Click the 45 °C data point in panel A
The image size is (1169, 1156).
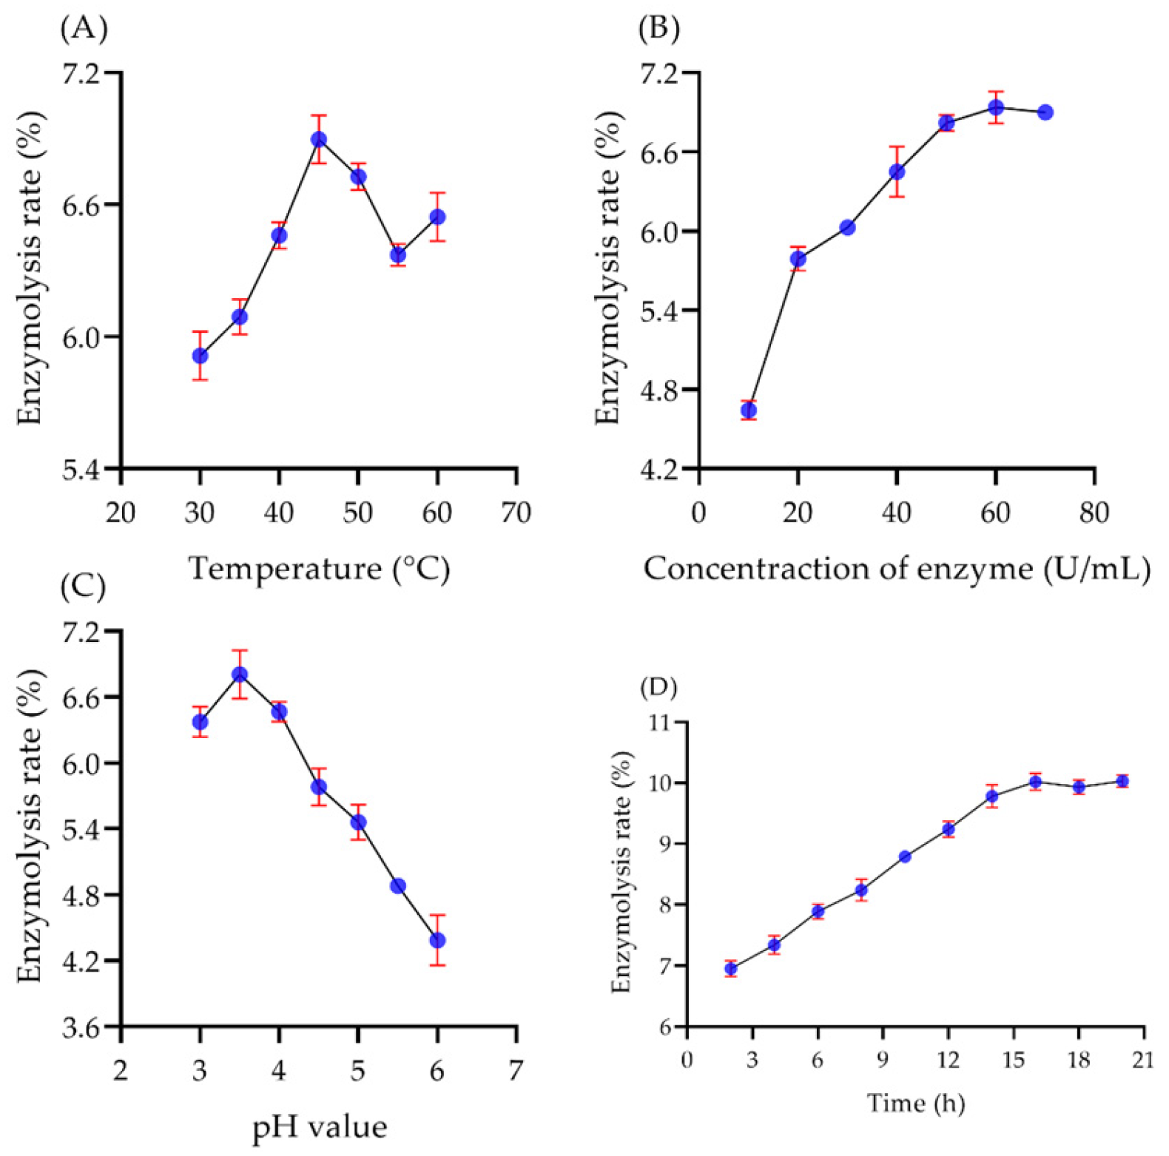point(319,140)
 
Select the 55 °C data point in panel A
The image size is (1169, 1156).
point(398,255)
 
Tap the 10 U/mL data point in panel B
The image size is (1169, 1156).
point(748,410)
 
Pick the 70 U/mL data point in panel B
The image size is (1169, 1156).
point(1045,112)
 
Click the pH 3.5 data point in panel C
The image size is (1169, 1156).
point(240,675)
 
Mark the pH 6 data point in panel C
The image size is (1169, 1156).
point(437,941)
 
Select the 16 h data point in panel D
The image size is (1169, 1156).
point(1035,782)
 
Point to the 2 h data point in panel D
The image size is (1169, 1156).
point(731,969)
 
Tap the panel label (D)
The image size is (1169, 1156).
point(658,687)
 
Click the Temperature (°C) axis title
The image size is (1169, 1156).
point(319,569)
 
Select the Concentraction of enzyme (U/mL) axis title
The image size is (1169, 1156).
point(897,569)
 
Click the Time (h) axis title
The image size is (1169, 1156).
point(916,1103)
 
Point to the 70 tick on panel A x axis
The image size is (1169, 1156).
point(516,513)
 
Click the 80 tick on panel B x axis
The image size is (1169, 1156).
point(1094,513)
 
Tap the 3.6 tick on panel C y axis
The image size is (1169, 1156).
point(83,1028)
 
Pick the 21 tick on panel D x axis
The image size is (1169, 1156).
point(1144,1060)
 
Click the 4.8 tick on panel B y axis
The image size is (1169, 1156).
point(660,390)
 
